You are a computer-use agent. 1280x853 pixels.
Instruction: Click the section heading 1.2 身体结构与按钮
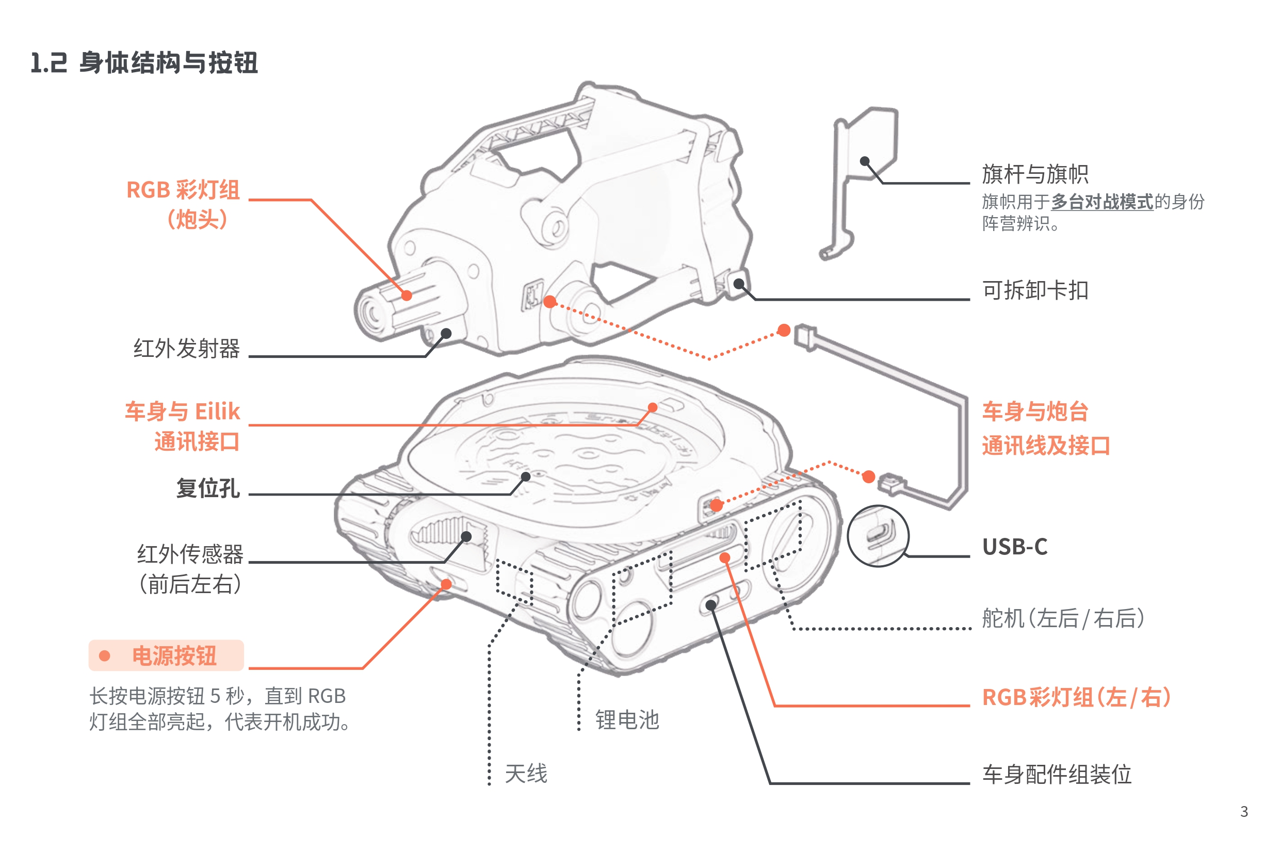pyautogui.click(x=144, y=62)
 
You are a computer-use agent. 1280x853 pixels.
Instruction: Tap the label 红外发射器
pyautogui.click(x=187, y=348)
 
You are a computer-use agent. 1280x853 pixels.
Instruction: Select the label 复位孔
pyautogui.click(x=208, y=487)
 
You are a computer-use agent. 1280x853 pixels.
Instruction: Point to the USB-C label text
pyautogui.click(x=1014, y=547)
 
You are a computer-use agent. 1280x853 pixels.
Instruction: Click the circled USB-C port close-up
pyautogui.click(x=878, y=536)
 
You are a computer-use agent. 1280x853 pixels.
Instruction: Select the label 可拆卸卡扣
pyautogui.click(x=1034, y=290)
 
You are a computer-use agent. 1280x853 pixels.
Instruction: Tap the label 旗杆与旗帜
pyautogui.click(x=1034, y=174)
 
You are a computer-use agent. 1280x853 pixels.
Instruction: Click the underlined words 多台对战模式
pyautogui.click(x=1101, y=202)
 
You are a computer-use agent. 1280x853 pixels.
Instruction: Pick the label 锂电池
pyautogui.click(x=627, y=720)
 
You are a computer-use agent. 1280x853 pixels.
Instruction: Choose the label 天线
pyautogui.click(x=526, y=773)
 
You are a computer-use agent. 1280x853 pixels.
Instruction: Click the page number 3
pyautogui.click(x=1243, y=812)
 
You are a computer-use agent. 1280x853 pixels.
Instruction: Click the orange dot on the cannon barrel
pyautogui.click(x=407, y=296)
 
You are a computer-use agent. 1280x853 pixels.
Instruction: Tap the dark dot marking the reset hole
pyautogui.click(x=526, y=477)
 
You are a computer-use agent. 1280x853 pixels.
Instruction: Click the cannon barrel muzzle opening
pyautogui.click(x=373, y=315)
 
